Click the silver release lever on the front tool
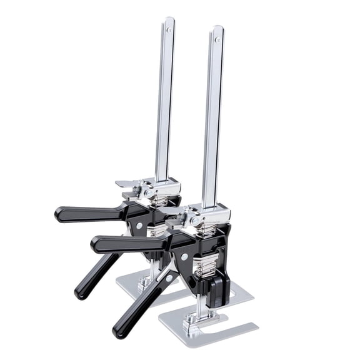pyautogui.click(x=173, y=216)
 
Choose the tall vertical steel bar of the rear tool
pyautogui.click(x=164, y=106)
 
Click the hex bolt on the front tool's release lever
pyautogui.click(x=195, y=221)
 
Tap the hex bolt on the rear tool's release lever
pyautogui.click(x=149, y=193)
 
